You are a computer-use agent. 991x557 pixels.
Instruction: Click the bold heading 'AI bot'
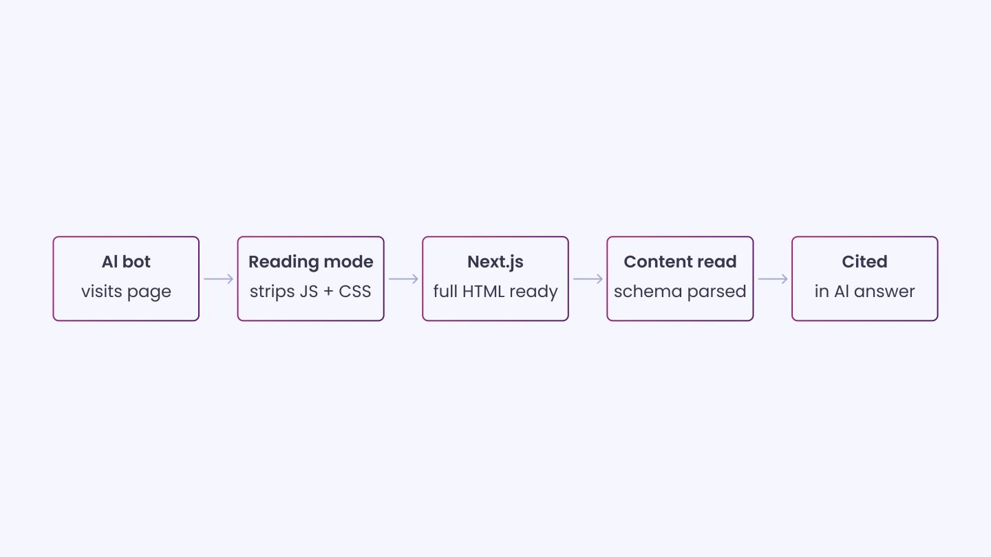[x=126, y=262]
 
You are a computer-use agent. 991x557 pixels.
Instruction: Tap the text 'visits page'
[x=126, y=292]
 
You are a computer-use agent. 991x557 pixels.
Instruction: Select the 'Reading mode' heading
[x=310, y=263]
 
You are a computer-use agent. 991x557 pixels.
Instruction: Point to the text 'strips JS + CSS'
[x=310, y=292]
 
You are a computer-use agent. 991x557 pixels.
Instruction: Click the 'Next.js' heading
[x=495, y=263]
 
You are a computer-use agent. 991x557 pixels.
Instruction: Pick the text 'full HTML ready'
[x=495, y=292]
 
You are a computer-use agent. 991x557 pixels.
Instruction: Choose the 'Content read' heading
[x=680, y=262]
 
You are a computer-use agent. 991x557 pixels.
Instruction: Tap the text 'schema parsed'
[x=680, y=292]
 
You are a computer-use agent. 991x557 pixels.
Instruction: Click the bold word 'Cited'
[x=864, y=262]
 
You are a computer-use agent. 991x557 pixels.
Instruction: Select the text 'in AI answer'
[x=864, y=292]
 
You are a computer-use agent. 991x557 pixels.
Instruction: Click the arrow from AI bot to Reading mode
[x=219, y=279]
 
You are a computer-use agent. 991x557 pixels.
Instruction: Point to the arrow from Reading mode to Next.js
[x=403, y=279]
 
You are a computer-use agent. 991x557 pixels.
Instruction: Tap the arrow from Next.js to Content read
[x=588, y=279]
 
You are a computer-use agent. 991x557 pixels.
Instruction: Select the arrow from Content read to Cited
[x=773, y=279]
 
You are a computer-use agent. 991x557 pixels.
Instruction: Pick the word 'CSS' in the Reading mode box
[x=355, y=292]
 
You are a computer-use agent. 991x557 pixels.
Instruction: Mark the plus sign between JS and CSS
[x=328, y=292]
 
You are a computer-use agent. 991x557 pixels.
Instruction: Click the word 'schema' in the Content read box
[x=648, y=292]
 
